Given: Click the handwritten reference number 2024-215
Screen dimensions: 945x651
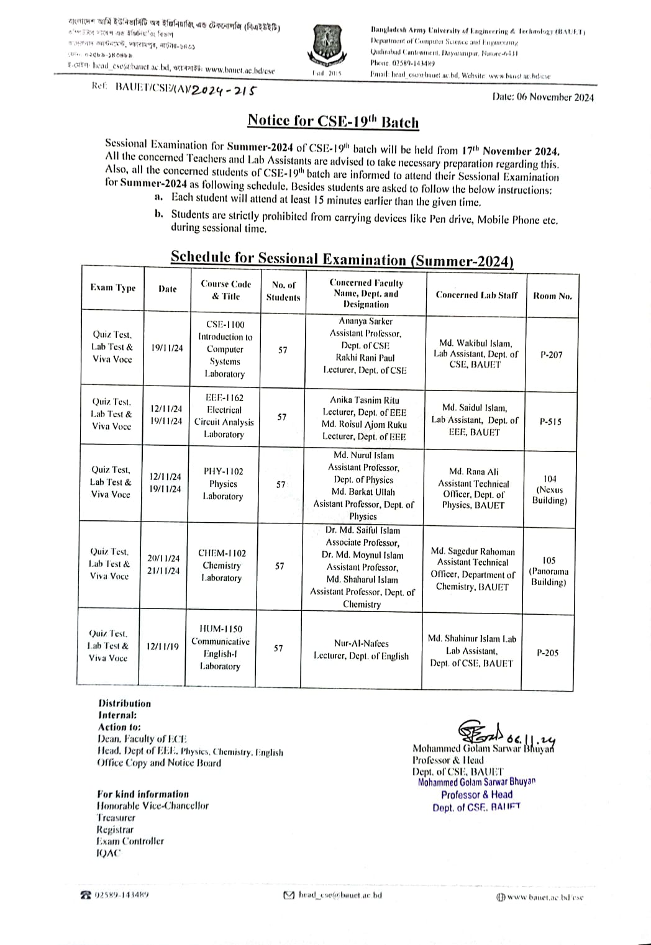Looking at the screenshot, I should (223, 90).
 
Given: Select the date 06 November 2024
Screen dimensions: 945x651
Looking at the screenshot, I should (542, 97).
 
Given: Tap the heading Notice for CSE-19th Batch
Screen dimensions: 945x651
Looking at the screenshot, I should (333, 121).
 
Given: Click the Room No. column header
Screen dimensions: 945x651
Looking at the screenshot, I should (552, 296).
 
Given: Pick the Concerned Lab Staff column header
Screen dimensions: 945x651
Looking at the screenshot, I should (476, 295).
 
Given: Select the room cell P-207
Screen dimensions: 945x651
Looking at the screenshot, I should (551, 355).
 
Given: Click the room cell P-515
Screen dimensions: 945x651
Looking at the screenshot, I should (550, 422).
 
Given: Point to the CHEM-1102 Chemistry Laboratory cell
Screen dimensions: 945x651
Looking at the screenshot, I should (222, 565).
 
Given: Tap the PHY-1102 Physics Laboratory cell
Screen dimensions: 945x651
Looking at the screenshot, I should (223, 484).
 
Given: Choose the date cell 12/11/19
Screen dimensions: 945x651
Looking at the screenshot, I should (162, 646).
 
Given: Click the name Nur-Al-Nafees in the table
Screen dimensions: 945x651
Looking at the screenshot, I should (361, 644).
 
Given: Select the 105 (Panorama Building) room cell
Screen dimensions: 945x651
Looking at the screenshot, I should (549, 571).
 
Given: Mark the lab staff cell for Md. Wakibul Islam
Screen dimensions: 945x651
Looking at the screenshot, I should (475, 354).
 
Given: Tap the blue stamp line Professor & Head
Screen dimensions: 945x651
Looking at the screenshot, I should (476, 795).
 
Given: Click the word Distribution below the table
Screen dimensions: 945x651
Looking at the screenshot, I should (124, 703).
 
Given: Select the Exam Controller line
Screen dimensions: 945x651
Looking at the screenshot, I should (130, 841).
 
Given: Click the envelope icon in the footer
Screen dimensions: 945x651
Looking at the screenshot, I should (288, 895).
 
